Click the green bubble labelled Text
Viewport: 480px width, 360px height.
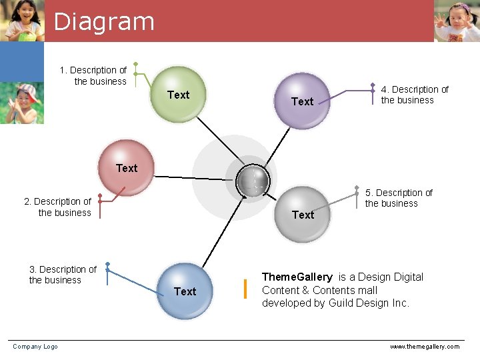click(177, 95)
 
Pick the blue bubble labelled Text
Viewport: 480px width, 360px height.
click(185, 291)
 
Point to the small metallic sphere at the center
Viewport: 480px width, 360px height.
click(253, 180)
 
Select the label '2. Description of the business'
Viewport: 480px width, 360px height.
click(58, 207)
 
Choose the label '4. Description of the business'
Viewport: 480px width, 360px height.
click(414, 95)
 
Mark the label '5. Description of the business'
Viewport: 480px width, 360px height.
click(399, 198)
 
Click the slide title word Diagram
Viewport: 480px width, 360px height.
click(104, 21)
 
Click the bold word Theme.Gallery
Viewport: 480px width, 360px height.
click(297, 277)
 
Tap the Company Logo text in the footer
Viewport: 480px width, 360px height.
click(35, 346)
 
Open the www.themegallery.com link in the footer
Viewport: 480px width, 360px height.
click(425, 347)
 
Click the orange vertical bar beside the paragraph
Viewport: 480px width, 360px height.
click(245, 289)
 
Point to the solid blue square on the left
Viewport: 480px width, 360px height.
click(22, 61)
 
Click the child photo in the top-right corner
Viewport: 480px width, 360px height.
click(457, 21)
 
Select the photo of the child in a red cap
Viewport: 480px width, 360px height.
click(22, 103)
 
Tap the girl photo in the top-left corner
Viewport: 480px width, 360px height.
click(22, 21)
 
